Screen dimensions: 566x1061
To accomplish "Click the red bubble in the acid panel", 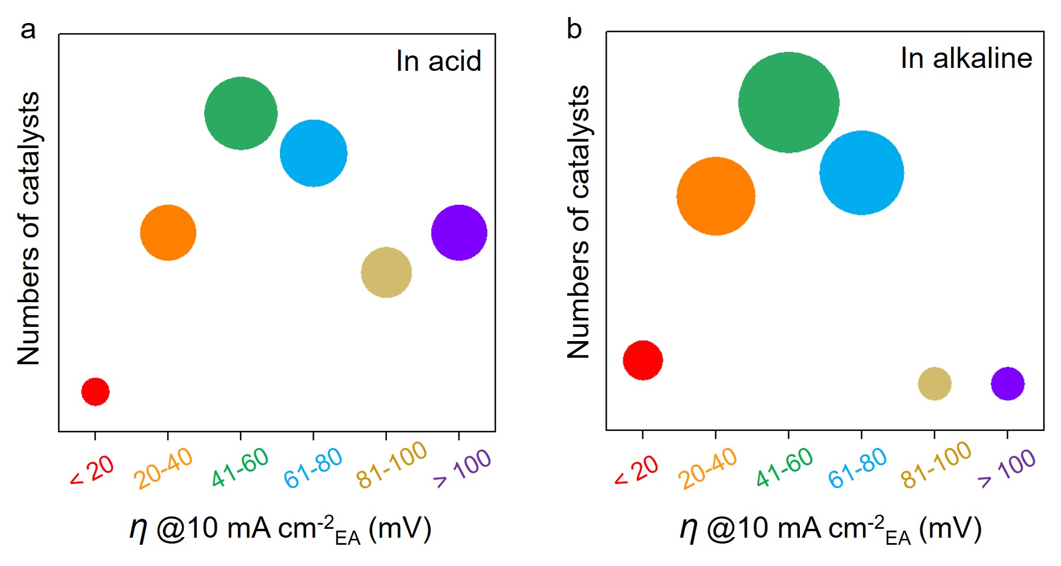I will [95, 391].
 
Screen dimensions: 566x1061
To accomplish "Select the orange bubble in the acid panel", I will [168, 233].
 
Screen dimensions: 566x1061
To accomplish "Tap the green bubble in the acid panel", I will [241, 113].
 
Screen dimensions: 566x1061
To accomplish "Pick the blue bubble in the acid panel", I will [314, 153].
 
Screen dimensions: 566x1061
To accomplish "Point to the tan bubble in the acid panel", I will [386, 272].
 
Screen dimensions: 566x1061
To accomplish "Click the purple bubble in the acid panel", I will [459, 233].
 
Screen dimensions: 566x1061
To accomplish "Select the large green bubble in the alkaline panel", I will [789, 102].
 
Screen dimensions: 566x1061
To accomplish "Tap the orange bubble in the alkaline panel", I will [716, 196].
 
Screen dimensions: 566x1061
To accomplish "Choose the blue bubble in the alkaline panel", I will [862, 172].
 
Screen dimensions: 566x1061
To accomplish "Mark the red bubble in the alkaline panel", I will [643, 360].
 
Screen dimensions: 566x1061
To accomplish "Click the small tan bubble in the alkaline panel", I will [935, 384].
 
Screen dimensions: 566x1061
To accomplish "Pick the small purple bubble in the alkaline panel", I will [1007, 384].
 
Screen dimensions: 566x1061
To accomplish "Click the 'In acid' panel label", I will [438, 61].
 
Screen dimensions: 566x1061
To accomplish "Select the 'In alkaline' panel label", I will [966, 58].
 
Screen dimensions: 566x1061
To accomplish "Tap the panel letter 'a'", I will [28, 29].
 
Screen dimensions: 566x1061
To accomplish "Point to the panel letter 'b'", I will [574, 29].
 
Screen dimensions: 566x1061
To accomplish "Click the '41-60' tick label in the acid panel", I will [240, 467].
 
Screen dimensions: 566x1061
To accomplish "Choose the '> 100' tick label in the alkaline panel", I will [1008, 468].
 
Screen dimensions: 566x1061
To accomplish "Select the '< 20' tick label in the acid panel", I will [93, 470].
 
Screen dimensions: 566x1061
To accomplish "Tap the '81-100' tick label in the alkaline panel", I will [936, 465].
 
